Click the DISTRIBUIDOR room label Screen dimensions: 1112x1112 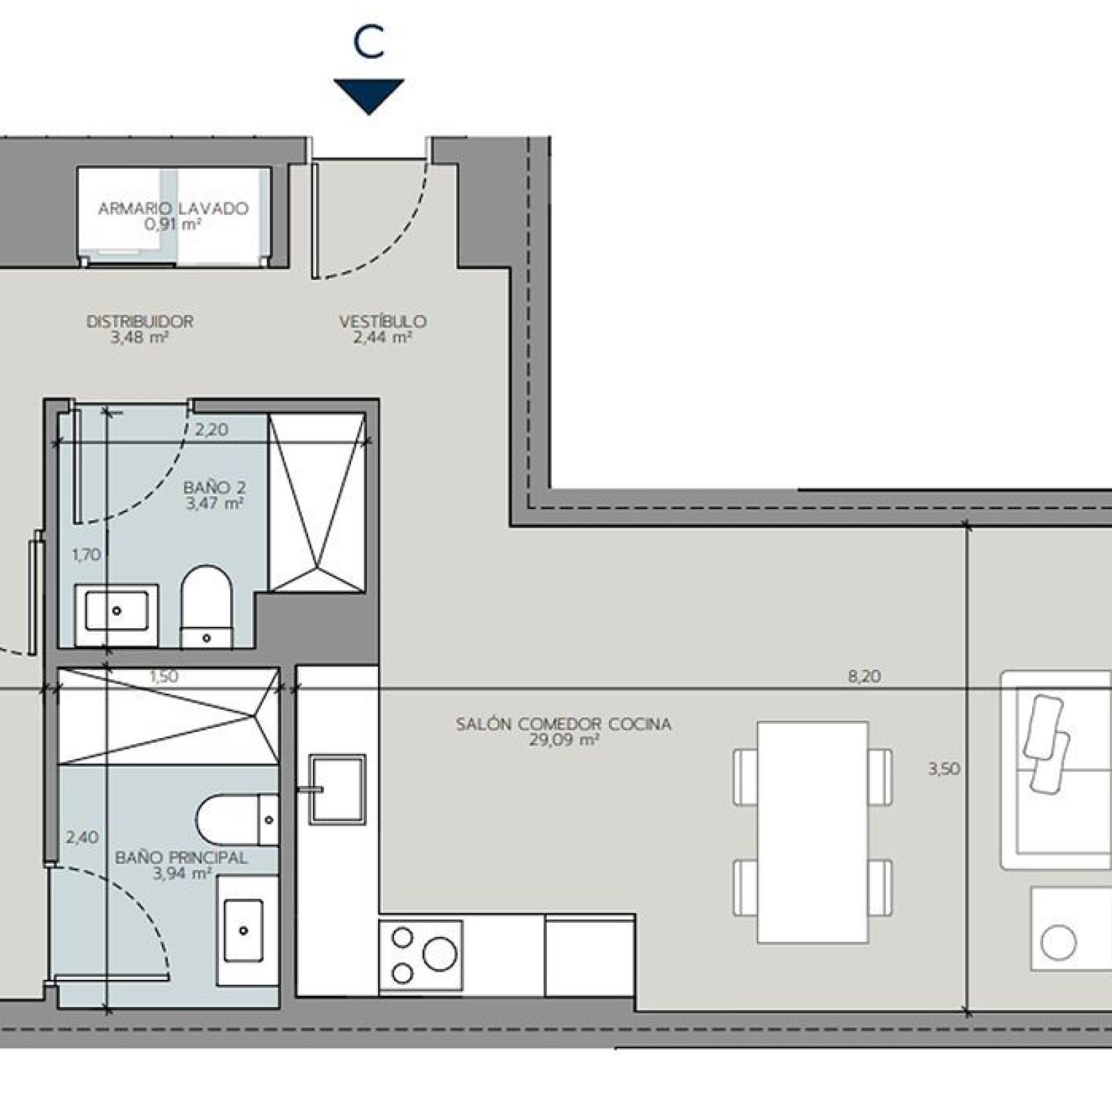pyautogui.click(x=140, y=322)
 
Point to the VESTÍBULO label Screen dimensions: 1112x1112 pyautogui.click(x=383, y=322)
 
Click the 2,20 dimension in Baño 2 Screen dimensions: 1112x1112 pyautogui.click(x=211, y=430)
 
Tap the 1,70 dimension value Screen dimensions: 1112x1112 pyautogui.click(x=87, y=555)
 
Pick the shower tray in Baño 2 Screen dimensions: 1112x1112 pyautogui.click(x=318, y=502)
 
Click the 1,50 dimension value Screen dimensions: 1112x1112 pyautogui.click(x=164, y=676)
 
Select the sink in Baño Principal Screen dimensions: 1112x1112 pyautogui.click(x=243, y=929)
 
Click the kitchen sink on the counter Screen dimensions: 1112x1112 pyautogui.click(x=337, y=790)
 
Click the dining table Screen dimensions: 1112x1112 pyautogui.click(x=812, y=833)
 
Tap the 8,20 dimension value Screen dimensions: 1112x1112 pyautogui.click(x=865, y=676)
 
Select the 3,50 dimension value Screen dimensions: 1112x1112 pyautogui.click(x=945, y=769)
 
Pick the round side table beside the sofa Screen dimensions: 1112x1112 pyautogui.click(x=1058, y=943)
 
